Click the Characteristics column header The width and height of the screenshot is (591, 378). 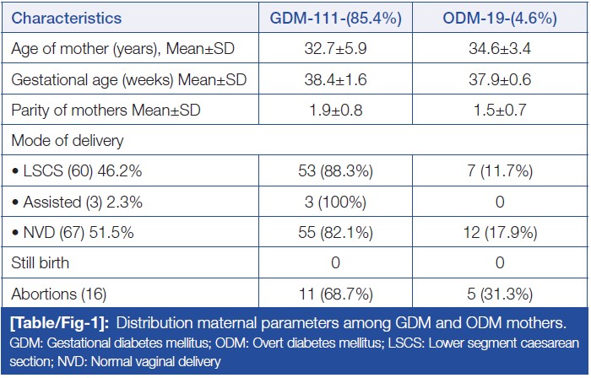coord(68,17)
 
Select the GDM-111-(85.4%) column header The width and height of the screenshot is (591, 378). coord(335,17)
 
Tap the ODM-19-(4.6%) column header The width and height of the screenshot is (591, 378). coord(502,17)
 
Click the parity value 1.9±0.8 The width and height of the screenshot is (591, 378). coord(335,109)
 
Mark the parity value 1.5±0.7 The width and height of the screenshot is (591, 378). coord(502,109)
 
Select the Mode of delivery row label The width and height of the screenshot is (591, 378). coord(63,139)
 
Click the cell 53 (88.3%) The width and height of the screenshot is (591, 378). coord(335,170)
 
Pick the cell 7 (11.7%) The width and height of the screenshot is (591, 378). coord(502,170)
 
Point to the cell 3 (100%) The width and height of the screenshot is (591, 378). coord(335,200)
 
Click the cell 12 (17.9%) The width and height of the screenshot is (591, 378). coord(502,230)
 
